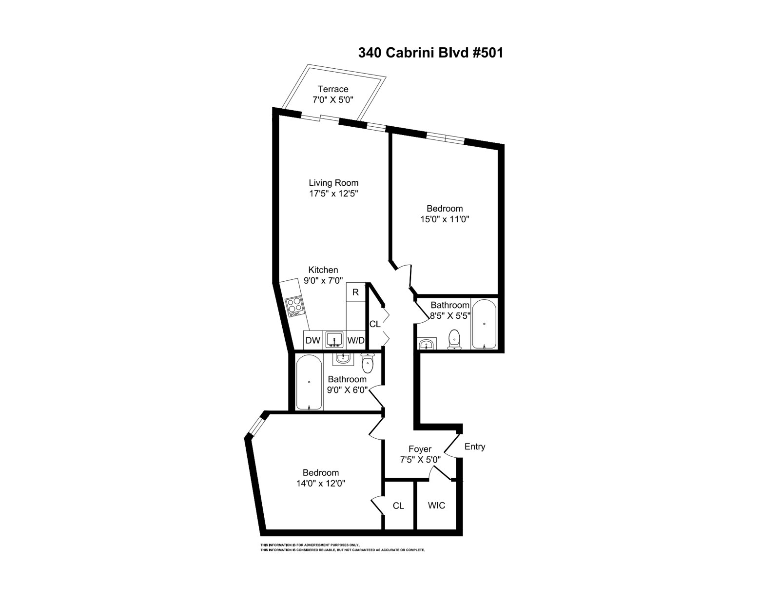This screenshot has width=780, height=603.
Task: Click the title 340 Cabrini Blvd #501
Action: tap(430, 53)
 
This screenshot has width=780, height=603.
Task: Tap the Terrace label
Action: tap(333, 89)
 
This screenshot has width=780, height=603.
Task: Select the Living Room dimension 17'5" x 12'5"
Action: tap(334, 194)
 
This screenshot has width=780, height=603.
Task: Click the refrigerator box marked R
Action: tap(355, 292)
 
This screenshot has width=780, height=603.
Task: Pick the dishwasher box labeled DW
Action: tap(313, 340)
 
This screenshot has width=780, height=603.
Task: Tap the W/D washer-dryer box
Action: tap(356, 340)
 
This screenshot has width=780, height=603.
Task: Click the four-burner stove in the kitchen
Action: tap(294, 307)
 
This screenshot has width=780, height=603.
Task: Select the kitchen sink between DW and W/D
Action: tap(334, 339)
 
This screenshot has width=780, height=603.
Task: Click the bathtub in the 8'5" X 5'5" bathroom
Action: tap(484, 324)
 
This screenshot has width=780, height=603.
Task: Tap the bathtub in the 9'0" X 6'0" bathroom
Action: tap(309, 382)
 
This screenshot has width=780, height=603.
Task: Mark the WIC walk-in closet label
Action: tap(436, 506)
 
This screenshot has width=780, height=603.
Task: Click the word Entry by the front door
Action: tap(475, 447)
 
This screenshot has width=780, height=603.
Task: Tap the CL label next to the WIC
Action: tap(398, 506)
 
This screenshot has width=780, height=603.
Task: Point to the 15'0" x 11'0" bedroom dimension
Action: tap(445, 219)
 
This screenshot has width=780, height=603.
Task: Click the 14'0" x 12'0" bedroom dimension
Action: tap(321, 483)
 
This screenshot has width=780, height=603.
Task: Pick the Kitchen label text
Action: tap(323, 270)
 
